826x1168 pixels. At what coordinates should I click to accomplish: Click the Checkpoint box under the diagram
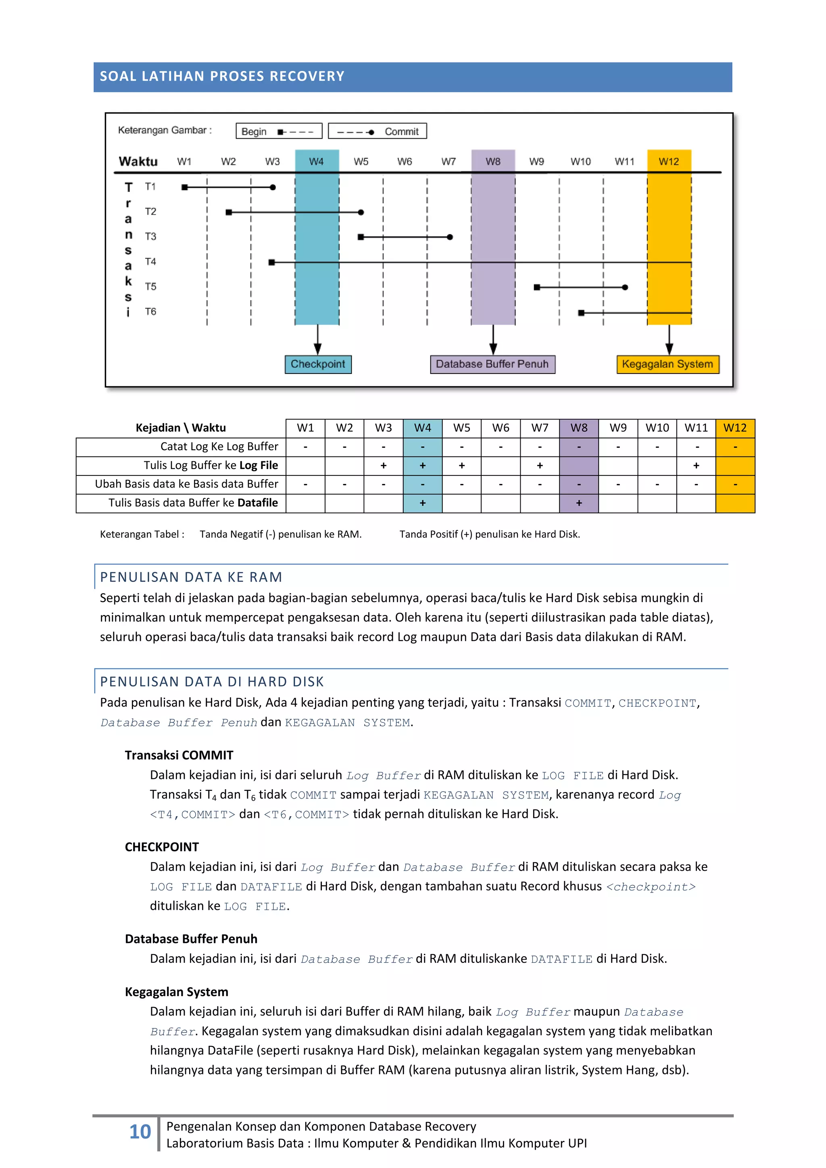(x=318, y=364)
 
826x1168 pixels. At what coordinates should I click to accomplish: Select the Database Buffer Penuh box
(x=492, y=364)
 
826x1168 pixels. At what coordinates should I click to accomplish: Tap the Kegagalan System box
(x=667, y=364)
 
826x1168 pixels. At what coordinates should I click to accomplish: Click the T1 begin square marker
(x=185, y=187)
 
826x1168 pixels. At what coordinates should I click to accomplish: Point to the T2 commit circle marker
(x=361, y=212)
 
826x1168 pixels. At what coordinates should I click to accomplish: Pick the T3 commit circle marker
(x=450, y=237)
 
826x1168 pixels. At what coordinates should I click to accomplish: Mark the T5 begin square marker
(x=536, y=288)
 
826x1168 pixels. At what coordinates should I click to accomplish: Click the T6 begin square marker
(x=581, y=313)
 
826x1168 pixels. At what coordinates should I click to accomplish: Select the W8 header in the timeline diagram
(x=493, y=162)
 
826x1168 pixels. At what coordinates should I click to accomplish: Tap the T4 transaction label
(x=150, y=261)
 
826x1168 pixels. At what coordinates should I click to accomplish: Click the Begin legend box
(x=279, y=131)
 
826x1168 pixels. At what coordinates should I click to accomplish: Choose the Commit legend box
(x=378, y=131)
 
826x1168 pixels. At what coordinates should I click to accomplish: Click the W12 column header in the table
(x=735, y=428)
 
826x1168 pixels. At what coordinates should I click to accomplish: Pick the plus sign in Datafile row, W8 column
(x=579, y=503)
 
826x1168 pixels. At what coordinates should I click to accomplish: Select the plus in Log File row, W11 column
(x=696, y=465)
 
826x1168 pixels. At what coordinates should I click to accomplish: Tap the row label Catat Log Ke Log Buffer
(x=219, y=446)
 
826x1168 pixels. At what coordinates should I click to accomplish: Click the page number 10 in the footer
(x=140, y=1132)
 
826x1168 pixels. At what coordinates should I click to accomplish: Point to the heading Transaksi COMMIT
(x=179, y=755)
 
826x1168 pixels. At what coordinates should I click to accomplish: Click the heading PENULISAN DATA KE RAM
(x=191, y=577)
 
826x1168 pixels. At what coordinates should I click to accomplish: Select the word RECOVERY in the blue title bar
(x=307, y=76)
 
